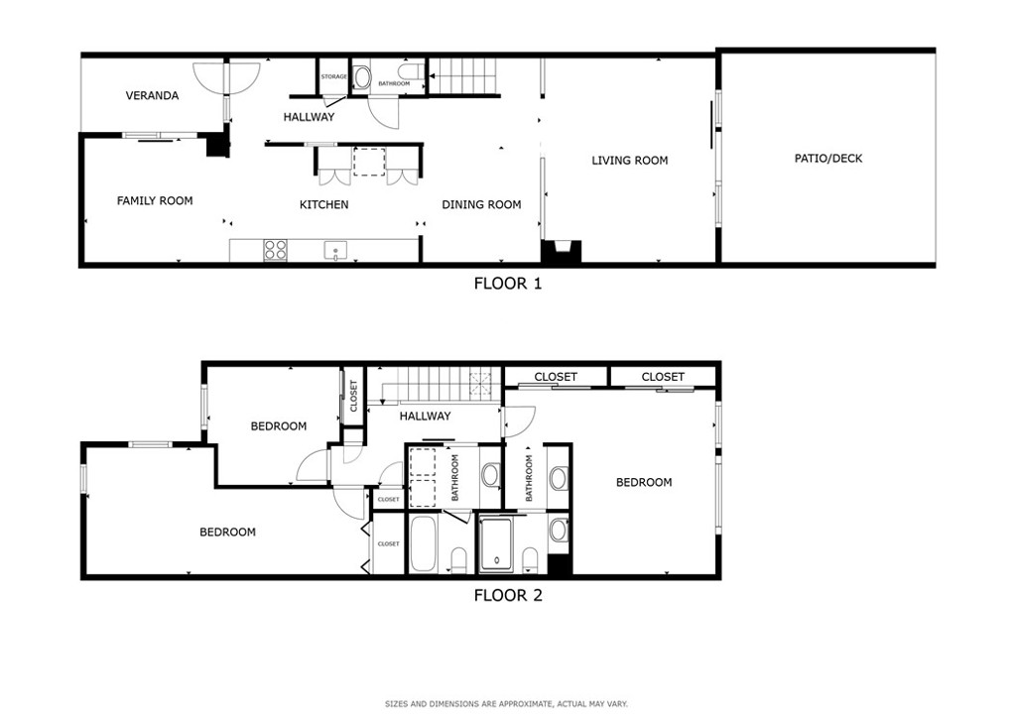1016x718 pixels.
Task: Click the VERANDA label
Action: click(x=152, y=96)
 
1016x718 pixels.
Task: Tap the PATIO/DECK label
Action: click(x=828, y=159)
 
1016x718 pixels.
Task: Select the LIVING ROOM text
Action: click(x=630, y=161)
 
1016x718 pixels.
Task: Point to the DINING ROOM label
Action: click(x=481, y=205)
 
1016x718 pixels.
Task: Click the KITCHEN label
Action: click(x=324, y=205)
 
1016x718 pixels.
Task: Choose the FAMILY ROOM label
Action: click(x=155, y=201)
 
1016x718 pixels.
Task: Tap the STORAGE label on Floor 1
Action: click(x=333, y=76)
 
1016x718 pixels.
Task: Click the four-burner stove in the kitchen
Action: click(x=276, y=250)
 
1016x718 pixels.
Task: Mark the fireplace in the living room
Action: click(x=562, y=252)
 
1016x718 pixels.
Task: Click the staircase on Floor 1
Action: click(x=460, y=74)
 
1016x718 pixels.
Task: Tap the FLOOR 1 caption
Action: click(x=507, y=284)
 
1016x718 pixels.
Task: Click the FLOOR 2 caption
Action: click(x=507, y=596)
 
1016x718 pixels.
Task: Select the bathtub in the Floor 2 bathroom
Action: click(x=423, y=544)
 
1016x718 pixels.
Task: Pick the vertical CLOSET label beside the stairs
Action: click(x=353, y=396)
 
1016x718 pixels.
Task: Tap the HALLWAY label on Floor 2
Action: click(x=425, y=417)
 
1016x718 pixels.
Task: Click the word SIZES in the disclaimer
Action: click(x=398, y=704)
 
